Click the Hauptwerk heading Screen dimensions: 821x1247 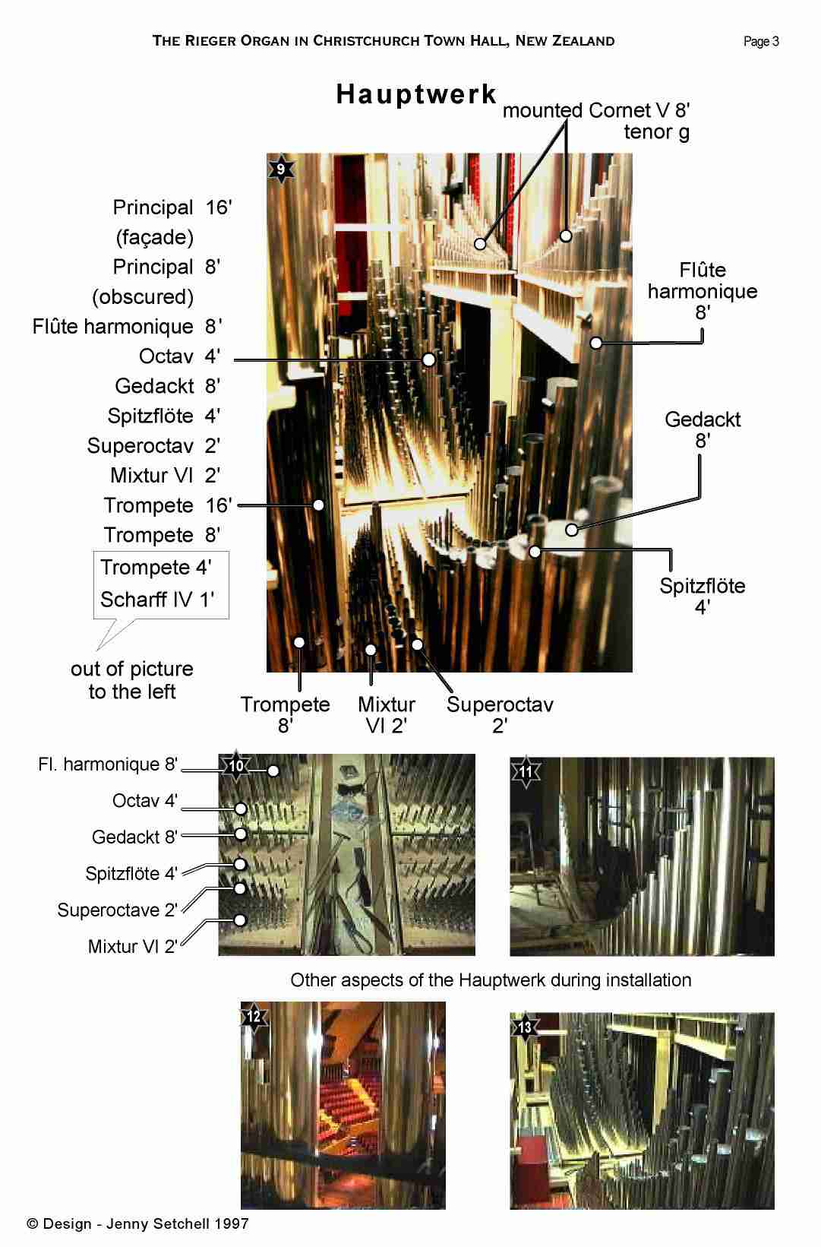[416, 95]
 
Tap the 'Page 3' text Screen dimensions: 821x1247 [761, 41]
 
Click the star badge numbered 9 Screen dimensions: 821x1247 [281, 169]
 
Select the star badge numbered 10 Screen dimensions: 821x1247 [236, 766]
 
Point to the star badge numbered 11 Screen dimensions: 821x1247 [526, 772]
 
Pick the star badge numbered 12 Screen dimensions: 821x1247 [254, 1017]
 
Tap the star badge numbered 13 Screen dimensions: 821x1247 [525, 1027]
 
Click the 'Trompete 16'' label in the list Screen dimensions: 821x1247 [168, 505]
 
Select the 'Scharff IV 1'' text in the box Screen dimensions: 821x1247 [157, 600]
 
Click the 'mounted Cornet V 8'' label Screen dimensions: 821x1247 [596, 110]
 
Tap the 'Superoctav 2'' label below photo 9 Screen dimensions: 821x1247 [500, 715]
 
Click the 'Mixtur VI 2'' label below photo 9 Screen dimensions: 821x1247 [386, 715]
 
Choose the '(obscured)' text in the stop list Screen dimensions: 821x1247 [143, 296]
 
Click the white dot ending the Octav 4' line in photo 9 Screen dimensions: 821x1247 [428, 359]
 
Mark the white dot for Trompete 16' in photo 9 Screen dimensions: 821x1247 [318, 505]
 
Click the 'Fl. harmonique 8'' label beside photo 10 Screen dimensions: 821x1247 [108, 764]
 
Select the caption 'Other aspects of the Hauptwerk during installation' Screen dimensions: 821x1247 [491, 980]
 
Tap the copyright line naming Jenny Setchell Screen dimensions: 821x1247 [137, 1223]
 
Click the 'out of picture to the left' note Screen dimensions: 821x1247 [132, 679]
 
